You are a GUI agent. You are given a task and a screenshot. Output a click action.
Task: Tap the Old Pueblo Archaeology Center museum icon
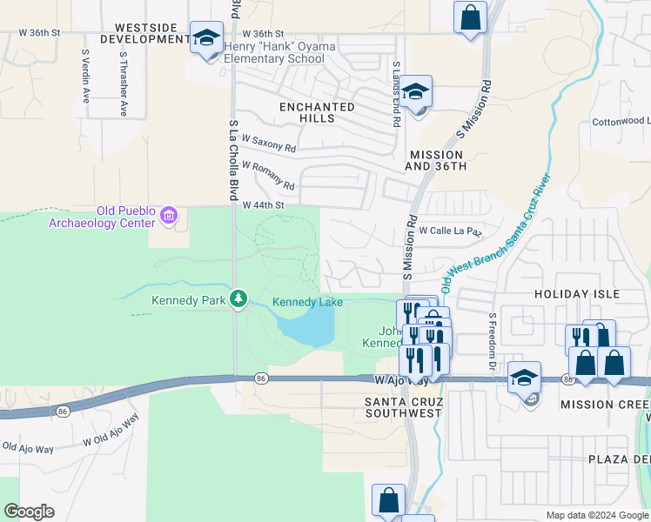click(169, 215)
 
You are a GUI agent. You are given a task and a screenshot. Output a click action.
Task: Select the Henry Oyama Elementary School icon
click(207, 38)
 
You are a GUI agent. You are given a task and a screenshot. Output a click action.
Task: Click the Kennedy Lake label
click(307, 302)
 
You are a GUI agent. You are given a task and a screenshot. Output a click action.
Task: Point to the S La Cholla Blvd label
click(233, 161)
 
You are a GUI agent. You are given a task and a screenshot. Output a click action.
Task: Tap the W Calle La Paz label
click(450, 231)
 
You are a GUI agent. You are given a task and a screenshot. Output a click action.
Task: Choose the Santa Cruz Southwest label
click(405, 407)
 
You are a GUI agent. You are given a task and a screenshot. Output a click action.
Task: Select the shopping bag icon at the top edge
click(470, 17)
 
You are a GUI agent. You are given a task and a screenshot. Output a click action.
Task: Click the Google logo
click(29, 512)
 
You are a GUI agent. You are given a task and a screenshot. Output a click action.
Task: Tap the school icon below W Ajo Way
click(524, 379)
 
